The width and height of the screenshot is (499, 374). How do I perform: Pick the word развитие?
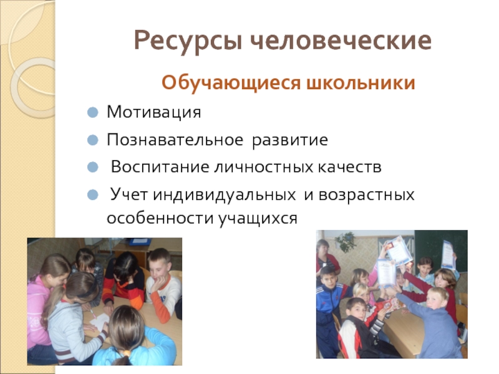pos(289,140)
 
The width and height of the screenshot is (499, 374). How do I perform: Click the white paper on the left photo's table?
pos(100,321)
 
